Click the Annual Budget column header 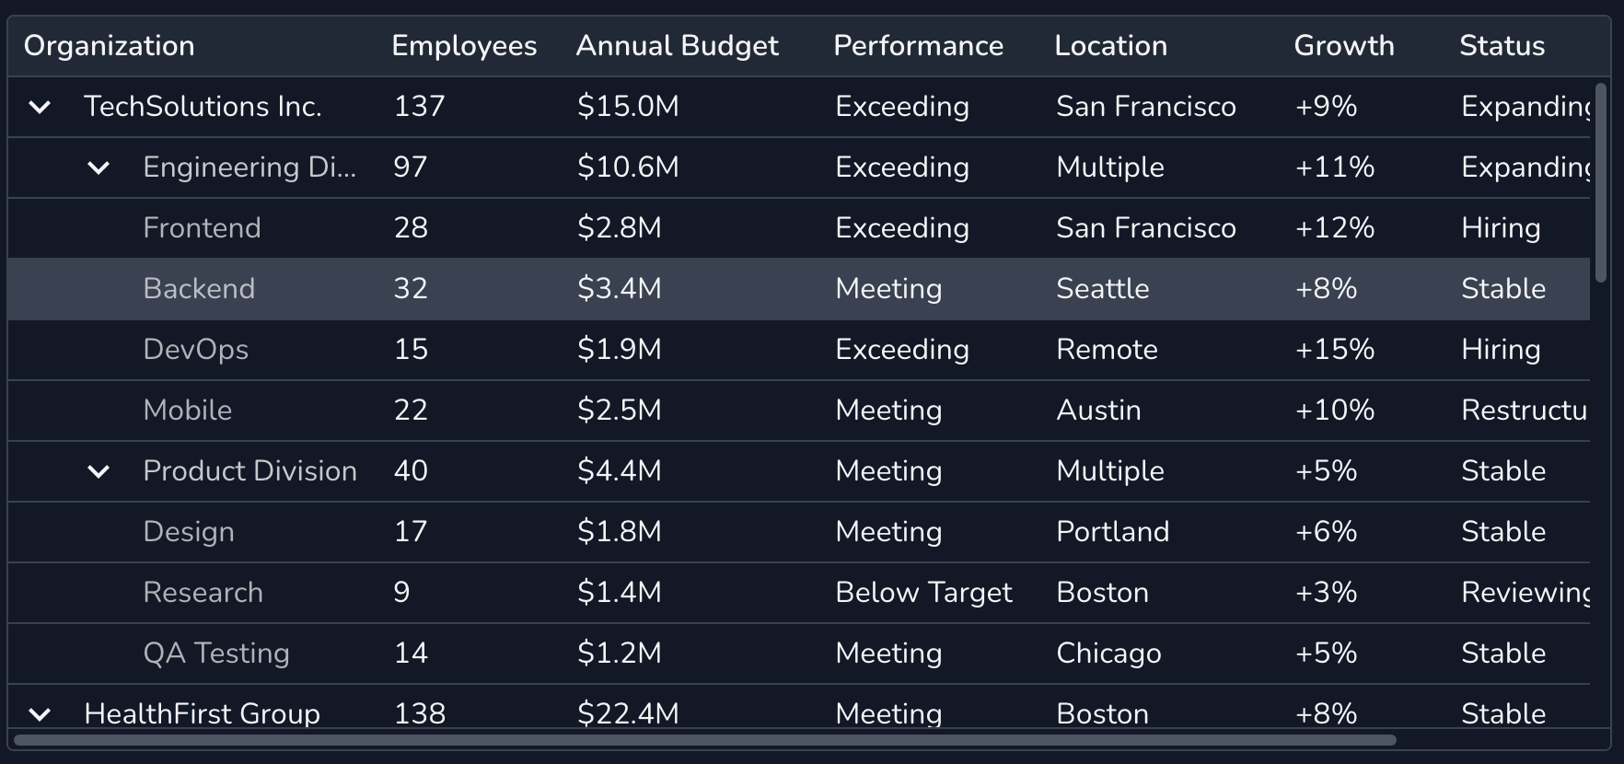point(677,46)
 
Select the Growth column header point(1343,46)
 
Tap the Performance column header point(918,46)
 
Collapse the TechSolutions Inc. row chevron point(40,108)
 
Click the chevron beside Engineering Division point(99,168)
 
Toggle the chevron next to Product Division point(99,472)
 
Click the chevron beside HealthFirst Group point(40,714)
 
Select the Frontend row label point(202,228)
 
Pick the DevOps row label point(195,350)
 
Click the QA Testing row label point(215,654)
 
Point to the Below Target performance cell point(923,593)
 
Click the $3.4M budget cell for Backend point(619,289)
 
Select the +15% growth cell point(1334,350)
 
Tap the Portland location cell point(1112,532)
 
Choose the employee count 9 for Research point(401,593)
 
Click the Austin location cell point(1098,411)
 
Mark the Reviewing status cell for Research point(1525,593)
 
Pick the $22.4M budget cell point(628,713)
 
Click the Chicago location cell point(1108,654)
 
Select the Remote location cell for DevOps point(1107,350)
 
